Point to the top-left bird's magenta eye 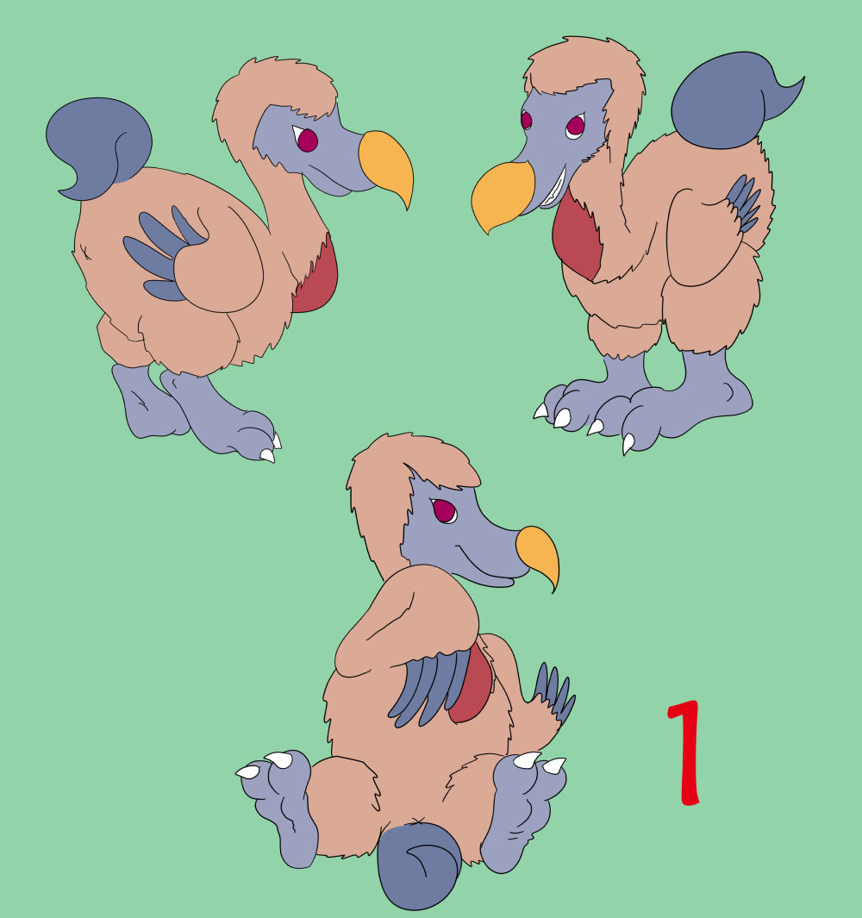click(x=307, y=140)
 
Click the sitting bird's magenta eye click(x=445, y=510)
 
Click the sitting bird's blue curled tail click(x=419, y=865)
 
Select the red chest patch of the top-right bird click(x=576, y=235)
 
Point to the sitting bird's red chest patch click(x=472, y=683)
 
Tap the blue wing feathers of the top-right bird click(x=744, y=203)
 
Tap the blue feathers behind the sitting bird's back click(x=553, y=693)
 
